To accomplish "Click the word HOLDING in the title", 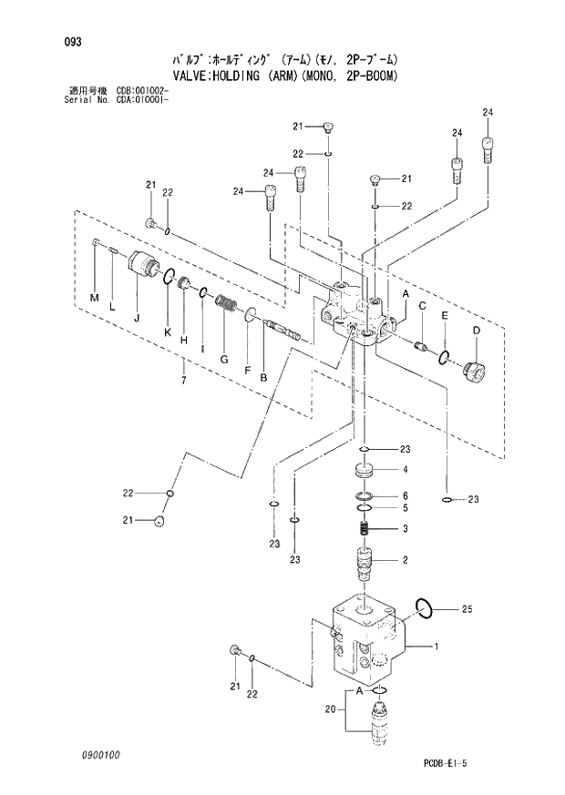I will pos(236,76).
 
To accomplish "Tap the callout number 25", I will pos(467,607).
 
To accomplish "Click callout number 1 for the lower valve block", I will pos(437,647).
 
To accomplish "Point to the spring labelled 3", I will pos(364,528).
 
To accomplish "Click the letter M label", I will pos(94,298).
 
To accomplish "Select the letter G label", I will pos(222,359).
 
